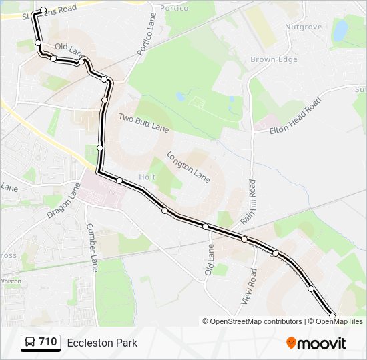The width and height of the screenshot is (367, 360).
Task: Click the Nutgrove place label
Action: coord(303,27)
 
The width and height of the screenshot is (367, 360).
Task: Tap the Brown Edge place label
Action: coord(274,60)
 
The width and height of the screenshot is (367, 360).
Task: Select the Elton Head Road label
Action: coord(296,117)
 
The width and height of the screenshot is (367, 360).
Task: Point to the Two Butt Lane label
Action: coord(144,122)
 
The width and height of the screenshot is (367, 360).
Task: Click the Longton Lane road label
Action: coord(188,167)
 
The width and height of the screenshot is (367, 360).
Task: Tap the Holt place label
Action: coord(147,177)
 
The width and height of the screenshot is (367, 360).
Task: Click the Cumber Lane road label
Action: coord(92,243)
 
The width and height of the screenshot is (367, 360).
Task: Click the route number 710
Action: coord(48,342)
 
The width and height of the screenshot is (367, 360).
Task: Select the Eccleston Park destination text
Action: coord(102,343)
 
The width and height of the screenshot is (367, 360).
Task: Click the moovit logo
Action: coord(316,343)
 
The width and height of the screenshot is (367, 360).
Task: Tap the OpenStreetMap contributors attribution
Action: coord(252,321)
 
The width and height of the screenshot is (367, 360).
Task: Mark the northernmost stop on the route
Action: coord(43,11)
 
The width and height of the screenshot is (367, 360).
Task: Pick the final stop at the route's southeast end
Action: coord(332,314)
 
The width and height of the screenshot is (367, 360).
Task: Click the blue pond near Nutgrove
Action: coord(340,30)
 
